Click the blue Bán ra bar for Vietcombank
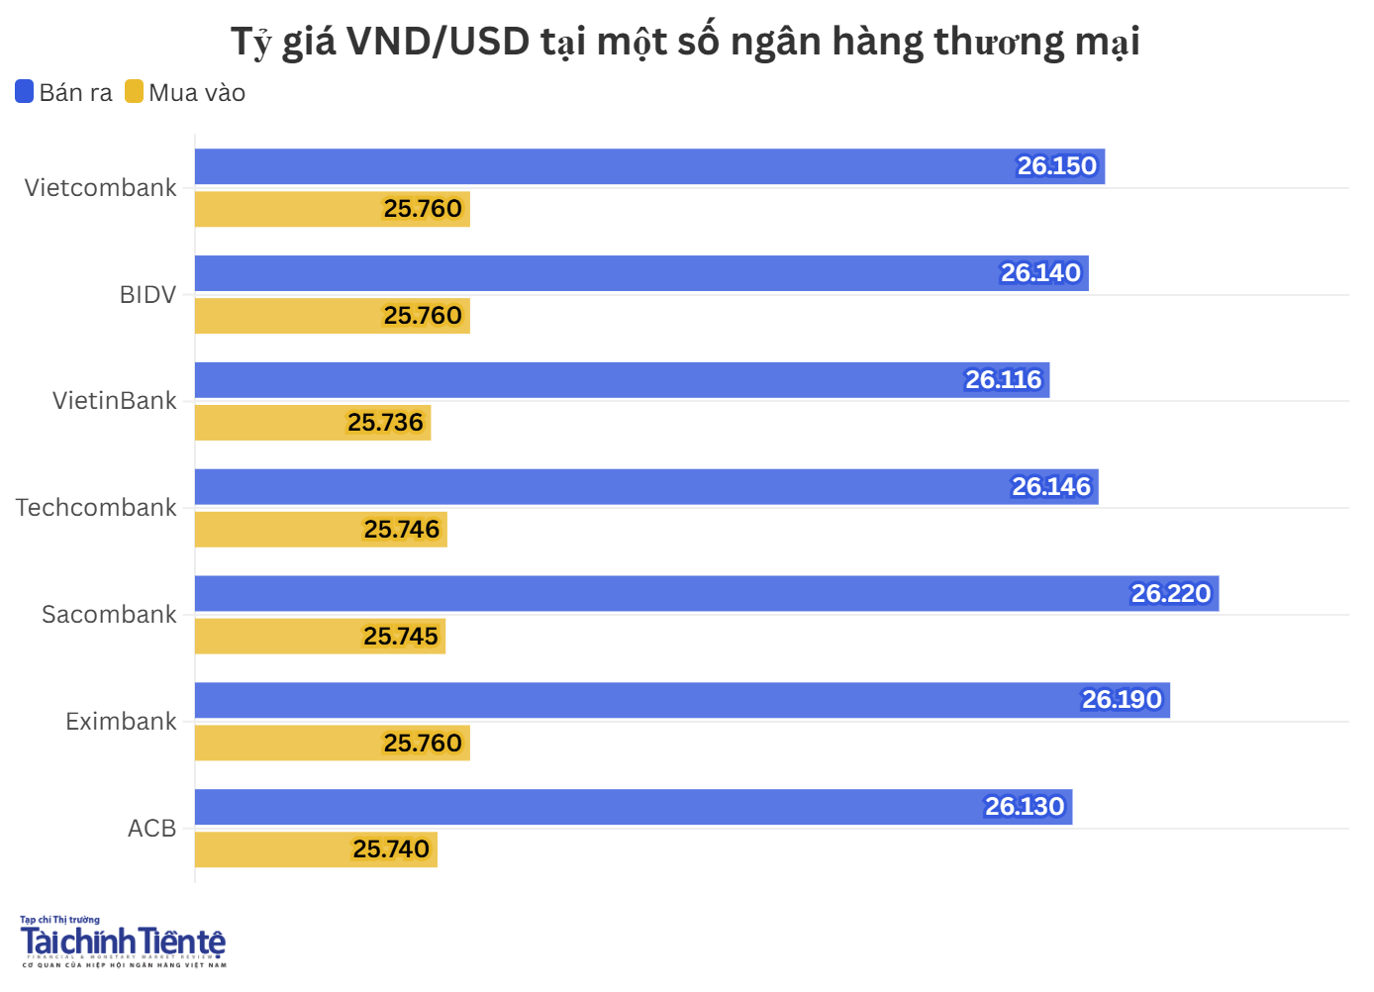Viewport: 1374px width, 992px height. [594, 166]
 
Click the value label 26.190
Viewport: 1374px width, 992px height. [1121, 700]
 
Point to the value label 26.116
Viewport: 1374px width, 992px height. [1003, 380]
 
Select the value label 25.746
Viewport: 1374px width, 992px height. [401, 530]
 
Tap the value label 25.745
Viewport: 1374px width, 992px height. [400, 637]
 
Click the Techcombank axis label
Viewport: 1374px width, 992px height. [96, 508]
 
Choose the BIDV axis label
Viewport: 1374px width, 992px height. [147, 295]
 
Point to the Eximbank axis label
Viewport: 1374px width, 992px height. [121, 722]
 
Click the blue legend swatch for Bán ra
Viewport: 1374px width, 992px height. [25, 92]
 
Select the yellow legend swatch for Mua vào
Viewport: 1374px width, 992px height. [134, 92]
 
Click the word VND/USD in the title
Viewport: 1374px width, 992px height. [439, 42]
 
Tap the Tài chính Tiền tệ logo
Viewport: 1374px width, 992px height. [123, 942]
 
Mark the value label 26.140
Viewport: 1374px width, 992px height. [1039, 273]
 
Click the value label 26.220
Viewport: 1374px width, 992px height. [1170, 594]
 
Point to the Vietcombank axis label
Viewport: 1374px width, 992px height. [100, 188]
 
